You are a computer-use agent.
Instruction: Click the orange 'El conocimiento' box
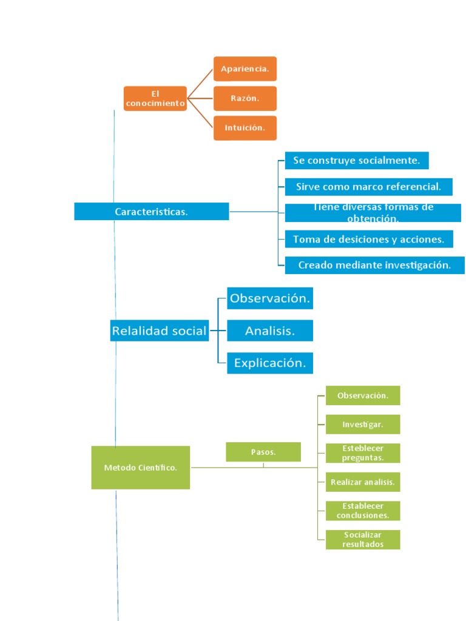point(155,98)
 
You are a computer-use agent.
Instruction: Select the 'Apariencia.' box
point(245,69)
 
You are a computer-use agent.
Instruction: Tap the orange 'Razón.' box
point(245,98)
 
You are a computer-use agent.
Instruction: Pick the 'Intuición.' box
point(245,128)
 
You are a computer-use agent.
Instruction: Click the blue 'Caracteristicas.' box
point(151,212)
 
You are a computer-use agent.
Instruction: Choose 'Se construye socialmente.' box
point(357,161)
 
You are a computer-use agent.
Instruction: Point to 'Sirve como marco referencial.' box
point(368,187)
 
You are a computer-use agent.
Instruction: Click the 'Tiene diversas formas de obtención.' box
point(373,213)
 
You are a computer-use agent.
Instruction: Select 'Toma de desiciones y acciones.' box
point(368,239)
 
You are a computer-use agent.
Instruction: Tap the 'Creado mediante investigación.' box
point(374,265)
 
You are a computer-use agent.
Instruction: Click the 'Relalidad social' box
point(159,331)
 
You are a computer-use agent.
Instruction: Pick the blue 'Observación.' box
point(270,298)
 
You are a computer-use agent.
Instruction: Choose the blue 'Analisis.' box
point(270,331)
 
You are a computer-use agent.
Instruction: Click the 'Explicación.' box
point(270,363)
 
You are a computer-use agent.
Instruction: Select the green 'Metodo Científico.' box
point(140,468)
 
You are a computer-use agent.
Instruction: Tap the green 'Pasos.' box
point(263,452)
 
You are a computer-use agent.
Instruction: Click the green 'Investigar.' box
point(363,425)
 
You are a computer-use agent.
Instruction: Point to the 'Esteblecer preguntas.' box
point(363,453)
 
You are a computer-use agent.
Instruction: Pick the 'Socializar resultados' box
point(363,540)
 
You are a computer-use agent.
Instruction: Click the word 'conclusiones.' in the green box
point(363,515)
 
